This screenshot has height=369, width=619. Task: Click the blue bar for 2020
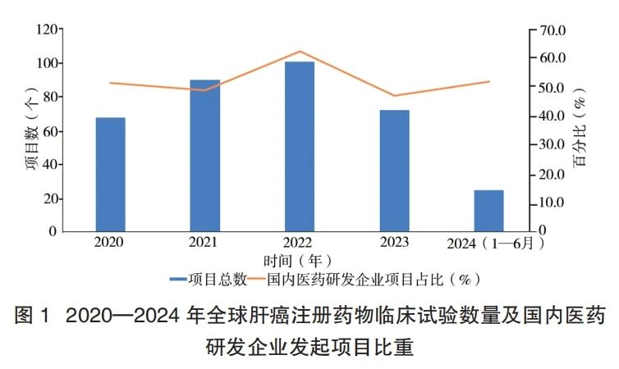coord(110,174)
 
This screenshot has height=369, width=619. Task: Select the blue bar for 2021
coord(204,156)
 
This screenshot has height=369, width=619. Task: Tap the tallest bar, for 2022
coord(300,147)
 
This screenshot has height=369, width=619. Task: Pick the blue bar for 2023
coord(394,171)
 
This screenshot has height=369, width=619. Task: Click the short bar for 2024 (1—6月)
coord(488,211)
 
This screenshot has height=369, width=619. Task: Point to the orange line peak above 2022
coord(300,52)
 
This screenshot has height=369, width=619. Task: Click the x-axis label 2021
coord(204,243)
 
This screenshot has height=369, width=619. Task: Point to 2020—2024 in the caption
coord(122,315)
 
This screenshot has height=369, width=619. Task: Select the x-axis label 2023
coord(394,243)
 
